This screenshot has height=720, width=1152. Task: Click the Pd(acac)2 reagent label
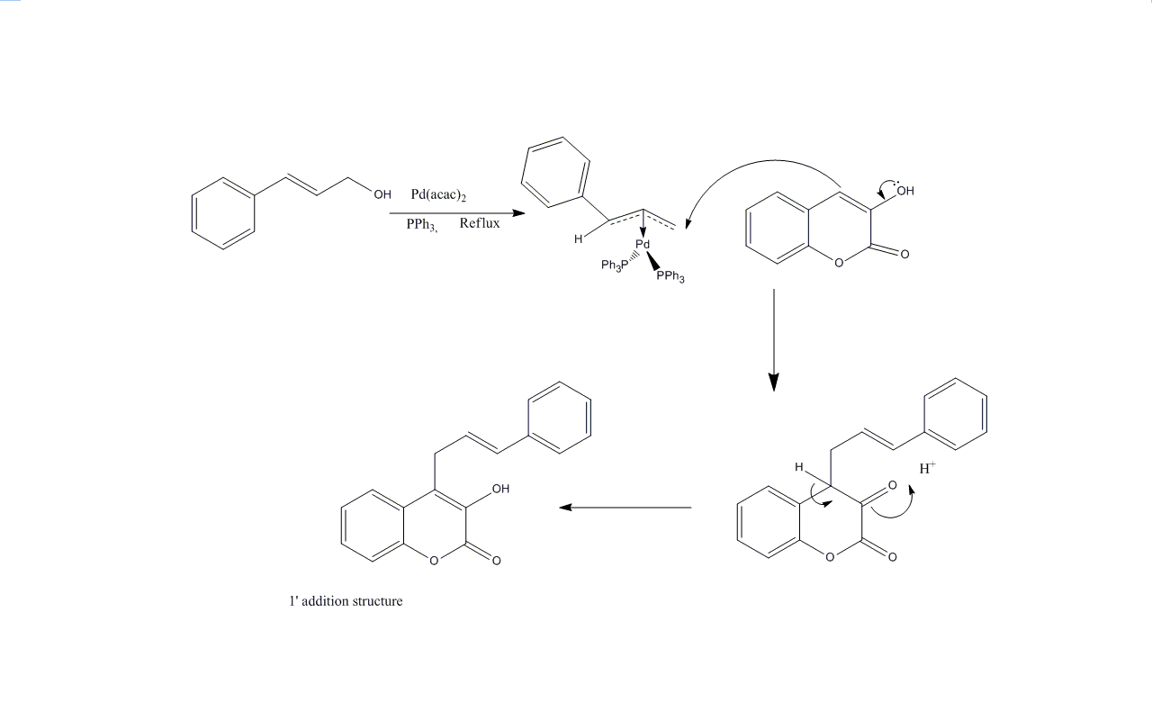click(438, 194)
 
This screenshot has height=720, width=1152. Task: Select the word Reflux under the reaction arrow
click(480, 222)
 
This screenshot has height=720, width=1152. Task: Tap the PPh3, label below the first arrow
click(422, 225)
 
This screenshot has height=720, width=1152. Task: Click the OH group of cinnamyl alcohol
click(382, 194)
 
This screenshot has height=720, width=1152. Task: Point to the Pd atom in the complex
click(643, 244)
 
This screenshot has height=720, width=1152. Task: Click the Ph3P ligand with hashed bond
click(615, 265)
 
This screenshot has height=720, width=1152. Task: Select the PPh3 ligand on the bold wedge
click(670, 276)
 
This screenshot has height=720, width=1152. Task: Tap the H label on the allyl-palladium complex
click(579, 238)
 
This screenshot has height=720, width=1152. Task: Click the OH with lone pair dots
click(905, 189)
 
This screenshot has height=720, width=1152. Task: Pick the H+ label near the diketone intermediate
click(927, 468)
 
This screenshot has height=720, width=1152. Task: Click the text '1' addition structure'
click(346, 600)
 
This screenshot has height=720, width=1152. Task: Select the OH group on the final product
click(500, 489)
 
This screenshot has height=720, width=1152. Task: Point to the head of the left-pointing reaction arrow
click(566, 508)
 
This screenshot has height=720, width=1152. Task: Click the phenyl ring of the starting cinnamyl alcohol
click(223, 213)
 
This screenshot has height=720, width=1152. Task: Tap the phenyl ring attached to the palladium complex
click(555, 172)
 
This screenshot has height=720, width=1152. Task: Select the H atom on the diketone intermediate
click(798, 467)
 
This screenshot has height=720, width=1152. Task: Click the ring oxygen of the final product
click(434, 561)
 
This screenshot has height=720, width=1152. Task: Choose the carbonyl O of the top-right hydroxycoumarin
click(904, 254)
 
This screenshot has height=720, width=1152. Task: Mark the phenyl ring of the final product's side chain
click(560, 418)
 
